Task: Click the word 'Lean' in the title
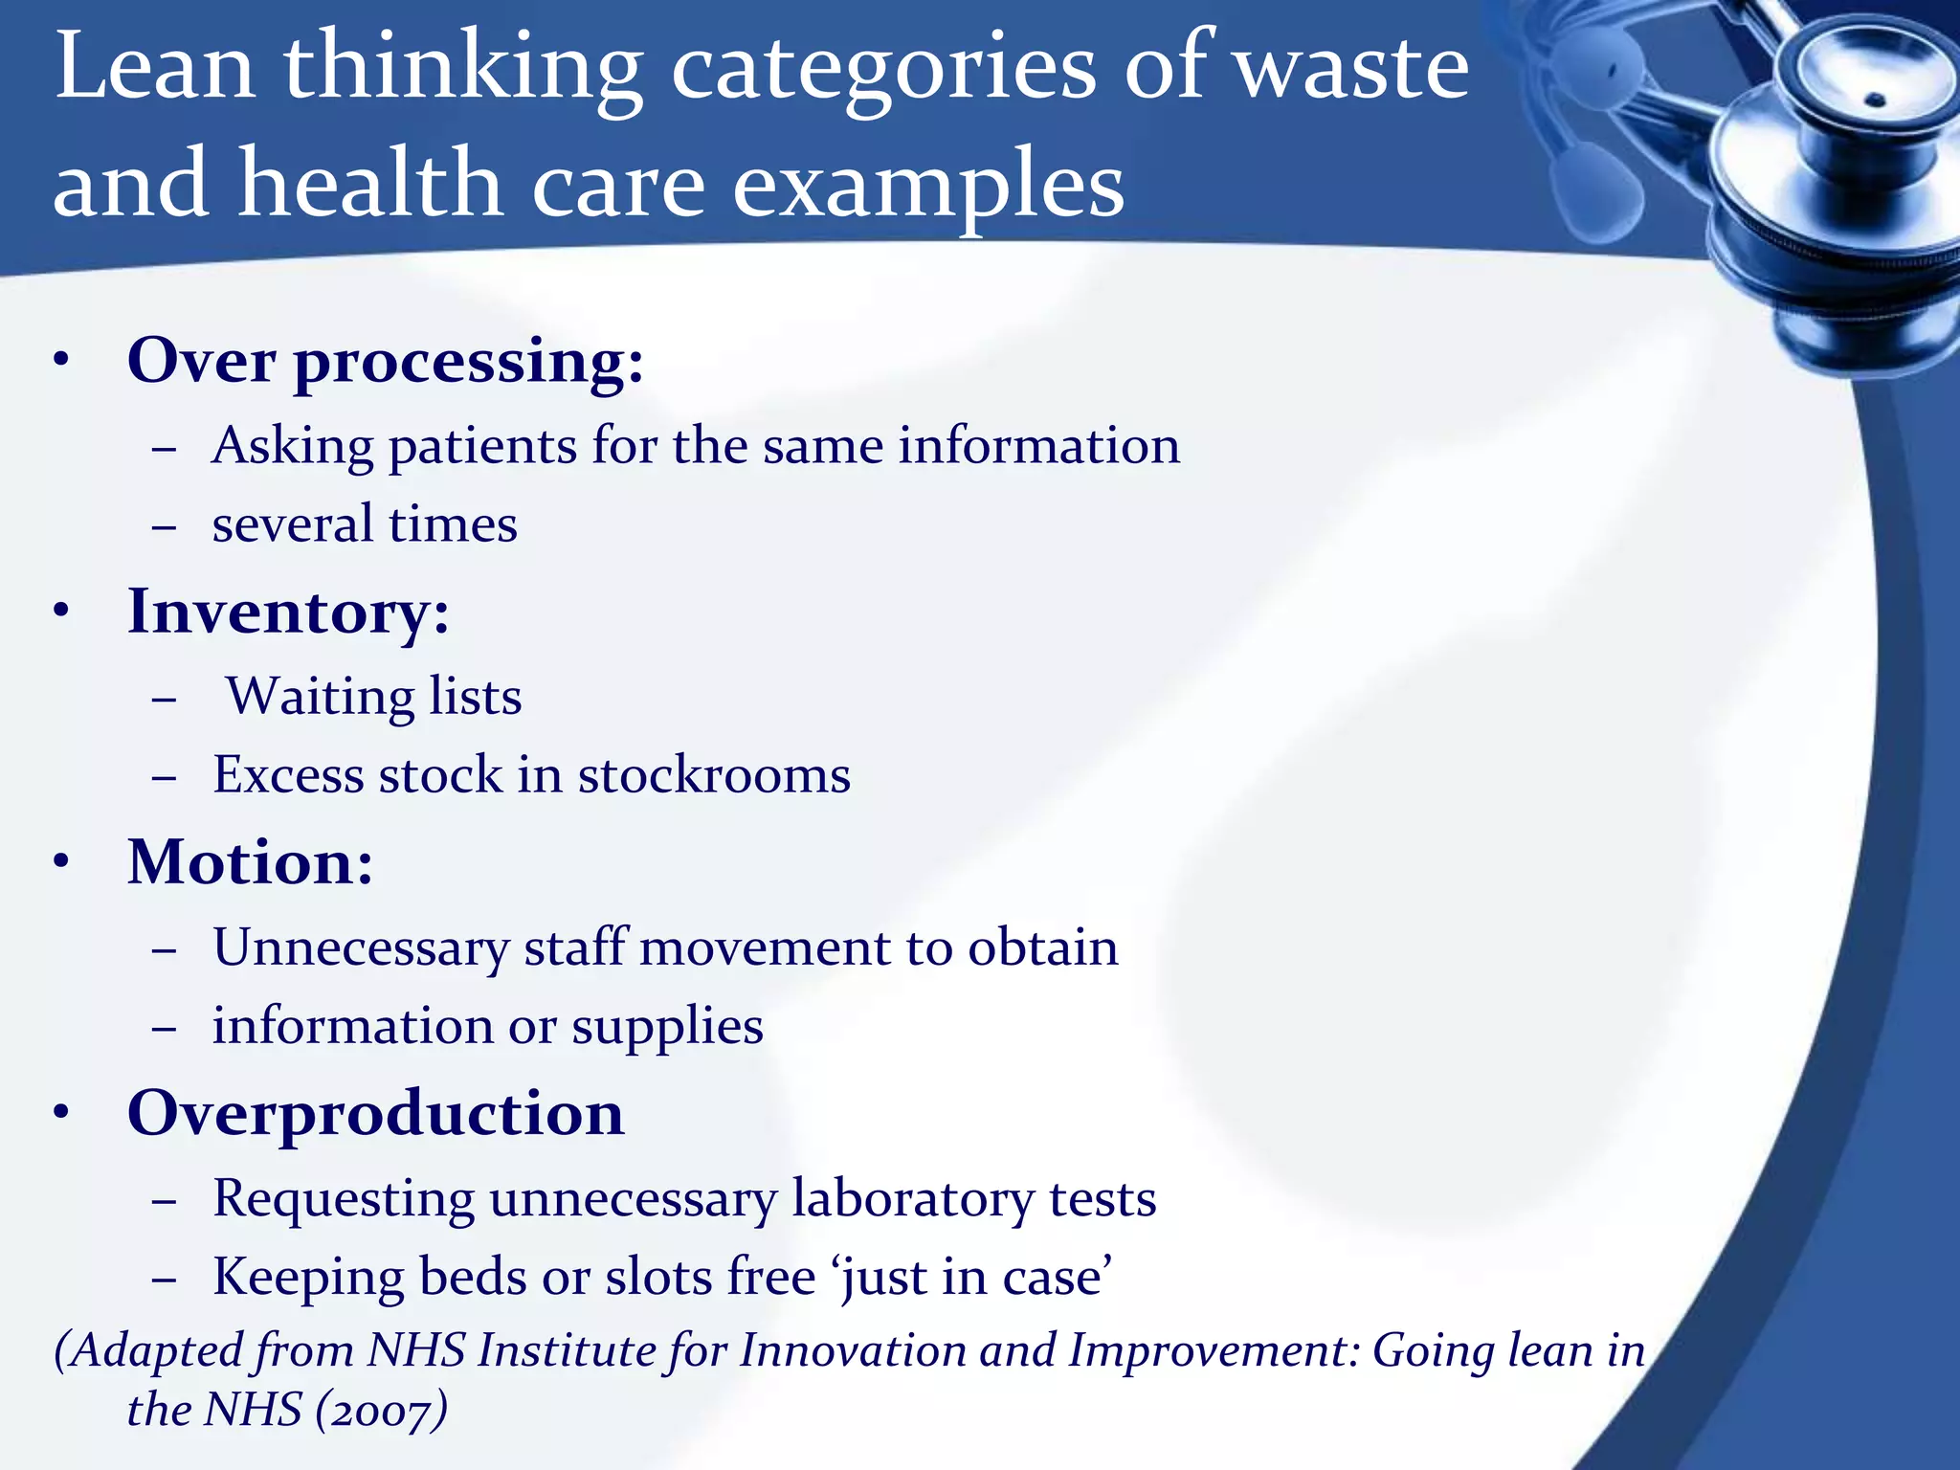[155, 67]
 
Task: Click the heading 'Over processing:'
[386, 363]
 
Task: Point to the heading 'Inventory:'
[288, 612]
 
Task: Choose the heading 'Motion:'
[250, 863]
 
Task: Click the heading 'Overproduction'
[375, 1114]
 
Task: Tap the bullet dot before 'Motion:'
[62, 861]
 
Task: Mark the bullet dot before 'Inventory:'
[62, 611]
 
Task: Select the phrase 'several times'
[365, 524]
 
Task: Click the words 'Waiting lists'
[374, 697]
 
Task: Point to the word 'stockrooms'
[714, 775]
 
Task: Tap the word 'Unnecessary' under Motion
[361, 948]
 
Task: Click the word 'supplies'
[667, 1027]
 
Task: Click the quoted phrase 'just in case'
[975, 1278]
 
